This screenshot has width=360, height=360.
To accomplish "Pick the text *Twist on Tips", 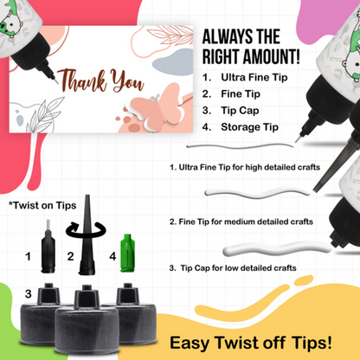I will pyautogui.click(x=42, y=205).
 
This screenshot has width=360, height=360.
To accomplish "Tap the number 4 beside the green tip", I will pyautogui.click(x=112, y=257).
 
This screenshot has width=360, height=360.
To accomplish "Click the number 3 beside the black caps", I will pyautogui.click(x=28, y=294).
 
